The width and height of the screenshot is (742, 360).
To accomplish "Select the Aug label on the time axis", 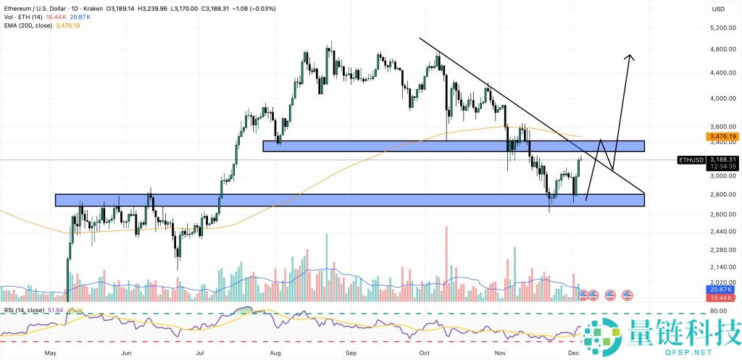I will (x=275, y=353).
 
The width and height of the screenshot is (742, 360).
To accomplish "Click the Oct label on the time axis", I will (x=425, y=353).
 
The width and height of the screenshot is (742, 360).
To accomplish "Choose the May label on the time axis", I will (x=50, y=353).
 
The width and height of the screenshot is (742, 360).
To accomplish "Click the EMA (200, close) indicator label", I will (x=31, y=26).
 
